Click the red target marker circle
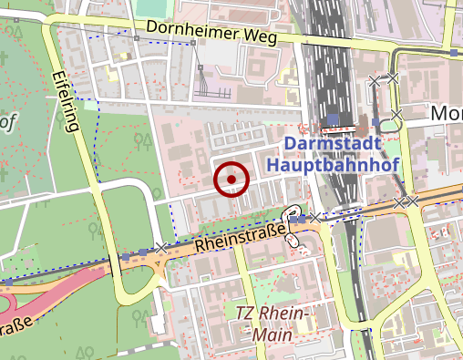click(231, 179)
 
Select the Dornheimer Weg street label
click(209, 35)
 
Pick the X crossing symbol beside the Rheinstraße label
click(161, 248)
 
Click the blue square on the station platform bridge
click(334, 119)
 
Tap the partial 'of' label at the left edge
click(8, 120)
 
